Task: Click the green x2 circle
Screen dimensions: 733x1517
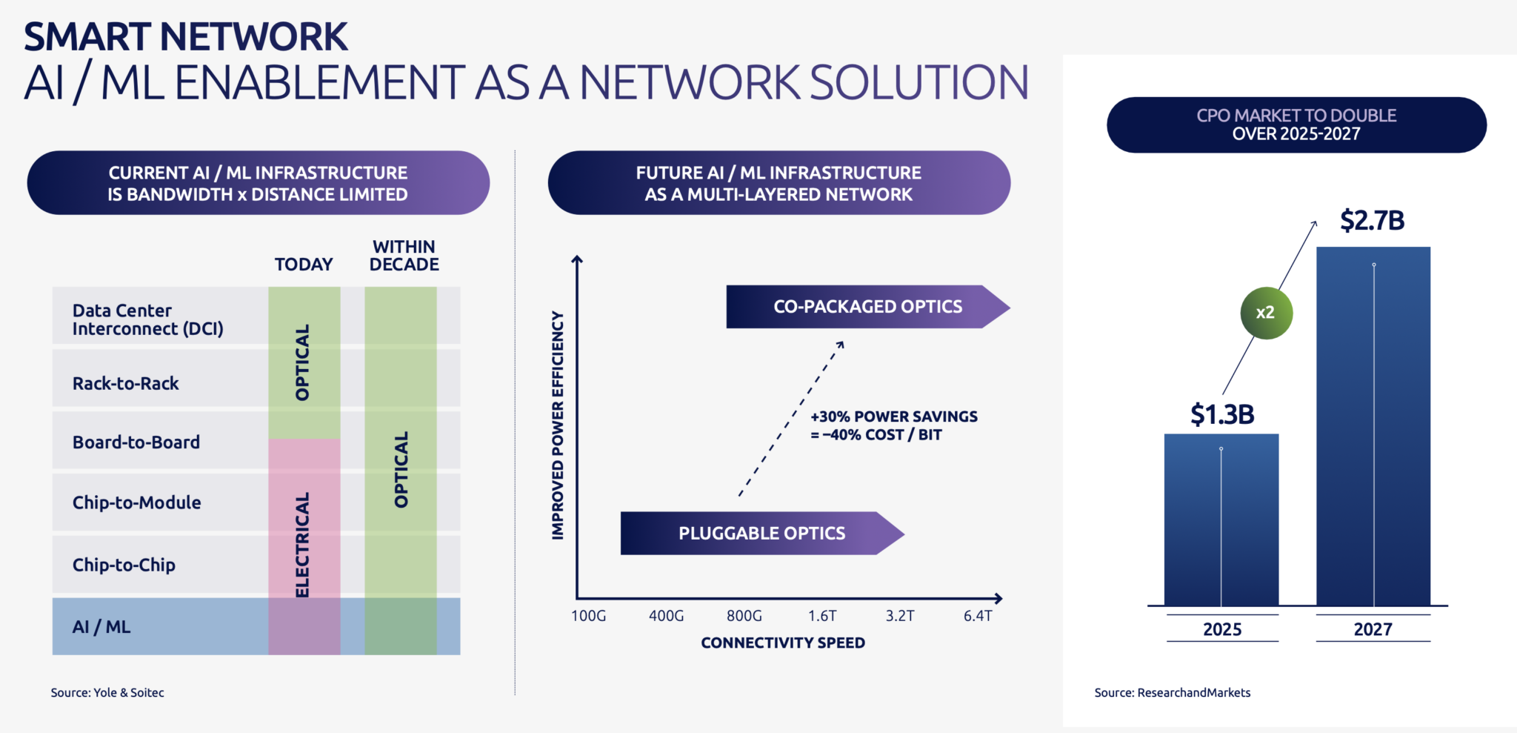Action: click(x=1266, y=313)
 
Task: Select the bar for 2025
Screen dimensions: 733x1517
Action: click(x=1221, y=519)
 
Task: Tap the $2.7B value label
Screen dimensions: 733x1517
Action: click(x=1372, y=221)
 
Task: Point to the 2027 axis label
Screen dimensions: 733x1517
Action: click(x=1373, y=629)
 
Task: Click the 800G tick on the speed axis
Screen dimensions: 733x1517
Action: click(x=744, y=616)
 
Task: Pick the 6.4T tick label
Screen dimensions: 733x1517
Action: click(x=977, y=616)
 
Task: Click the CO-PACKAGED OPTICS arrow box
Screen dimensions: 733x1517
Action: click(x=867, y=307)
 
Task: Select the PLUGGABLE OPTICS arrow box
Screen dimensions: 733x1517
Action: click(x=761, y=534)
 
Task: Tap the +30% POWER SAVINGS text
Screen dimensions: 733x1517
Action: click(x=893, y=417)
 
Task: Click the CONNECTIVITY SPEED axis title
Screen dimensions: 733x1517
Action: click(x=782, y=643)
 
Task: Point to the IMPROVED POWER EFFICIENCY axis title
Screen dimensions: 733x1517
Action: click(x=558, y=425)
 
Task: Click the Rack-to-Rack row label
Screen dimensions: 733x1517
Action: click(x=126, y=384)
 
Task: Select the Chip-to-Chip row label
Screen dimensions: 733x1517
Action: click(x=124, y=565)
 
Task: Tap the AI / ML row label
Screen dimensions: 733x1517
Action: click(x=101, y=627)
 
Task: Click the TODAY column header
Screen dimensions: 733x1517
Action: click(x=304, y=265)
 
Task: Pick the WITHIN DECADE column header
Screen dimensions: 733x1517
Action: click(x=404, y=256)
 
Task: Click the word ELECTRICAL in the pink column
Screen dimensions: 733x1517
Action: click(x=302, y=545)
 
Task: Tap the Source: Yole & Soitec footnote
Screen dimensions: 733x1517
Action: click(x=107, y=692)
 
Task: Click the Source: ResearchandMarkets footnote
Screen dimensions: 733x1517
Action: click(x=1172, y=692)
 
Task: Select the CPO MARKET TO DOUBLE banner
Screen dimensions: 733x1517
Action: click(x=1296, y=125)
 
